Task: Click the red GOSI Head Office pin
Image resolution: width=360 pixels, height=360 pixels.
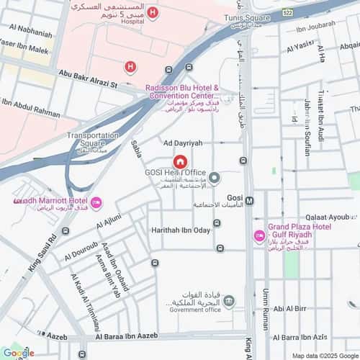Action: [179, 162]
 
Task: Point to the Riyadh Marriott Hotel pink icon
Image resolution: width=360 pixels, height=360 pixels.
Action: [96, 201]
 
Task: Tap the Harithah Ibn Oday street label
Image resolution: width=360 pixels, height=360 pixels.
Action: [180, 230]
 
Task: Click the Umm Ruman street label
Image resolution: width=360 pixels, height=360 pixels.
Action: [266, 302]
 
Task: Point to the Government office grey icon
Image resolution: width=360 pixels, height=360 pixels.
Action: [228, 300]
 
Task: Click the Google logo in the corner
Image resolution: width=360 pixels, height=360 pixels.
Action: [18, 352]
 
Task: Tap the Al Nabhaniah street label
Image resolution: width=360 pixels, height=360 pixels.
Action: [30, 32]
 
